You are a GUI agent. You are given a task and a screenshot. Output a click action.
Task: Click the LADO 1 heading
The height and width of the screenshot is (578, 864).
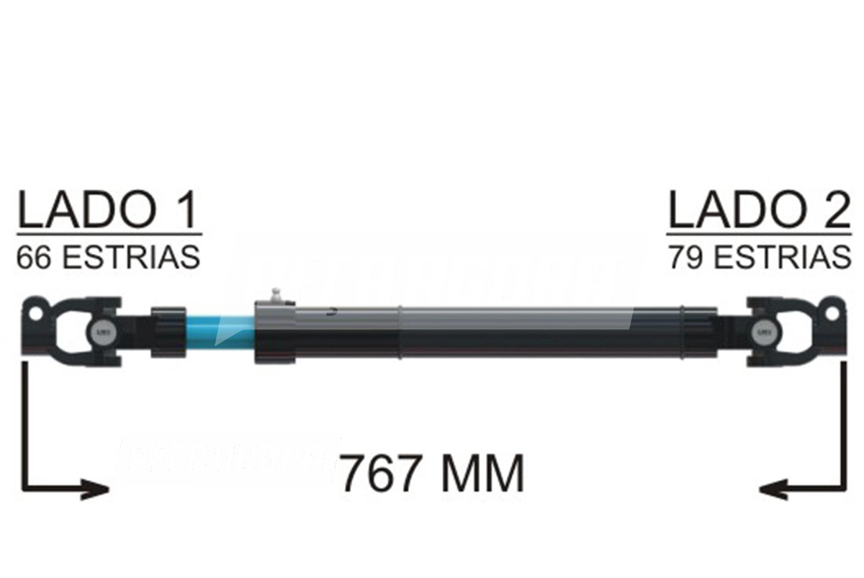click(108, 210)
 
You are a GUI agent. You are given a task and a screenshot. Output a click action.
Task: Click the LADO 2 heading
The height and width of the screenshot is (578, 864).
click(759, 210)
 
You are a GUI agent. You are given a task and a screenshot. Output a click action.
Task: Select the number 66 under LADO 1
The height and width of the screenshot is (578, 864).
click(33, 257)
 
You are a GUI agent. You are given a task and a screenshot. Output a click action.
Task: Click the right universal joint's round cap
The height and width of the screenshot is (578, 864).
click(764, 333)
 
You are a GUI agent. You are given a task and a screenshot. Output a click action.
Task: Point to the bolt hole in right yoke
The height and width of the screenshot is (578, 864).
click(832, 314)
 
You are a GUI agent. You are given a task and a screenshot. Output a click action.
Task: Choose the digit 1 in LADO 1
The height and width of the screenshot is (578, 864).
click(185, 210)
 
